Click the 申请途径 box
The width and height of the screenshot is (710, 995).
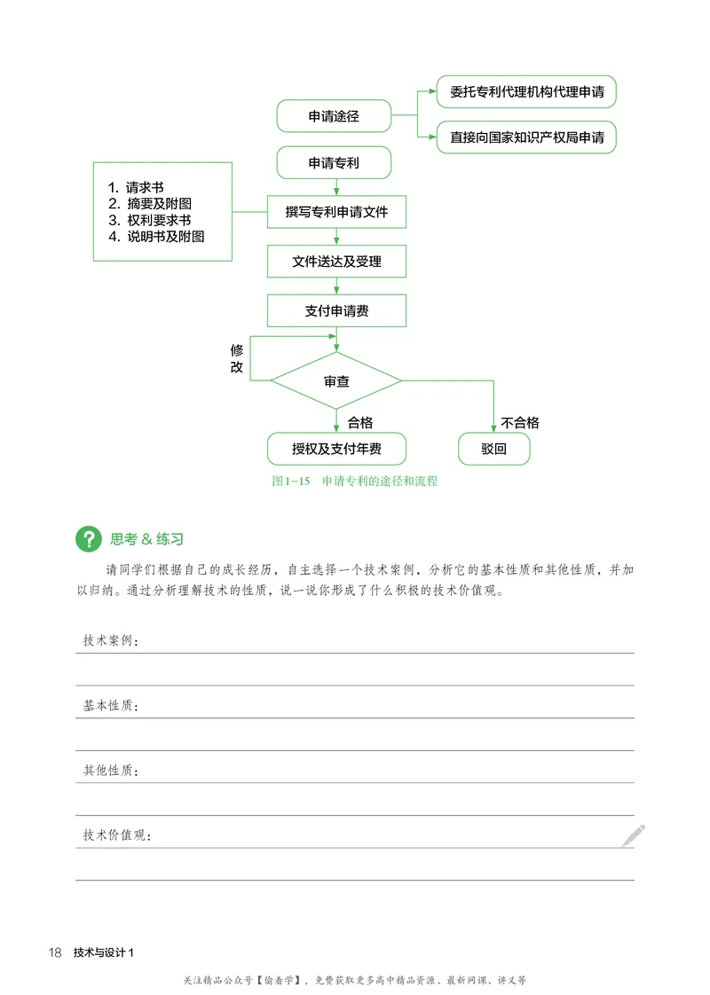point(335,115)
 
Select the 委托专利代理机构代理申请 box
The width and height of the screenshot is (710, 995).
point(526,91)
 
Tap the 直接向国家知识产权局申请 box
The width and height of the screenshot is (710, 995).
point(526,137)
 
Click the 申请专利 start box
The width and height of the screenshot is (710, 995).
point(335,163)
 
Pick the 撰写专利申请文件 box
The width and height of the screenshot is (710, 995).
point(336,213)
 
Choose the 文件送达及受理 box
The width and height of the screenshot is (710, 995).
point(336,262)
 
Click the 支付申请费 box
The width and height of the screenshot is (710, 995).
point(336,310)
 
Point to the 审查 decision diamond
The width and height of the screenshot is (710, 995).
point(336,381)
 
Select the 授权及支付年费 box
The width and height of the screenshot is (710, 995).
point(336,449)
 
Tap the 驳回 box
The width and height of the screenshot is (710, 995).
point(493,449)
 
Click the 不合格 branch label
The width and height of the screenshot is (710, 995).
point(520,422)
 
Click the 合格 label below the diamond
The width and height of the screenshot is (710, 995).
point(359,422)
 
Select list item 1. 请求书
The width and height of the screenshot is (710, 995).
point(136,187)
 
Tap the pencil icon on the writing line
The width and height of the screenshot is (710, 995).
point(634,834)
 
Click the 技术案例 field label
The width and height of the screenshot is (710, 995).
point(111,640)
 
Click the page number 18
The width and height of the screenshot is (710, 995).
point(55,952)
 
